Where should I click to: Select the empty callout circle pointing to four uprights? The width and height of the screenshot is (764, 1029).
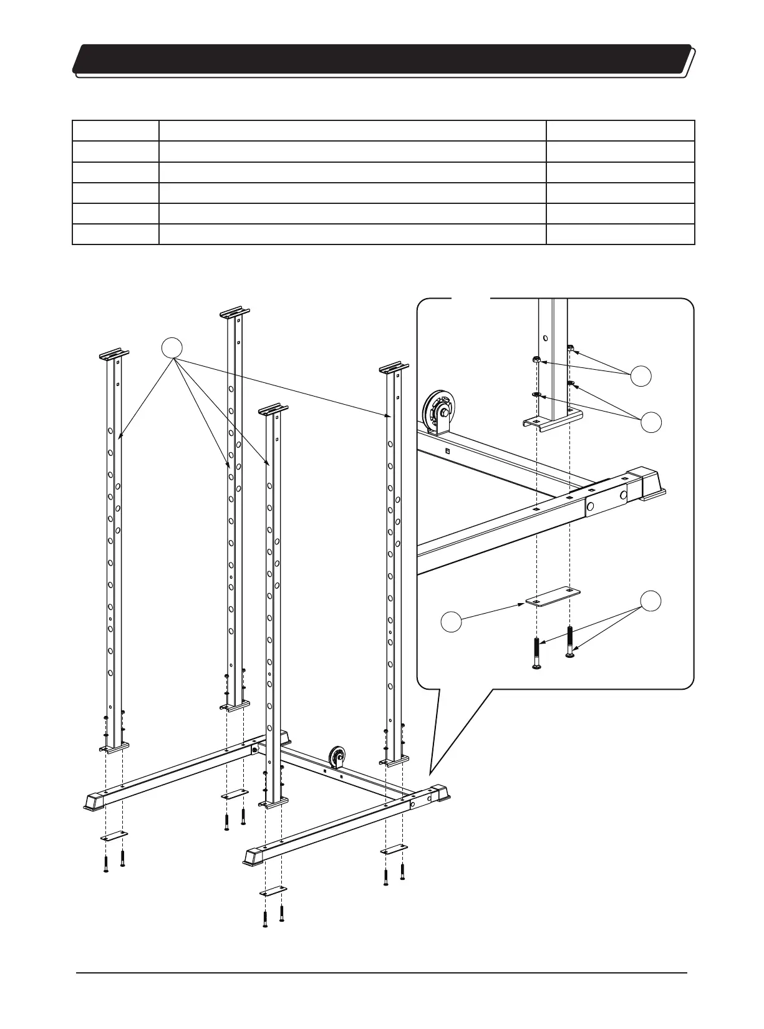pos(173,347)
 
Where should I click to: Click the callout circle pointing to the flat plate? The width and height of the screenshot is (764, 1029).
pos(451,622)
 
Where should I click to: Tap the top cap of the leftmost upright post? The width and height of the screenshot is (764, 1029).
pos(114,355)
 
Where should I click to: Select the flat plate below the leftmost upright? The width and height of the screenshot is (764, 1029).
pos(114,835)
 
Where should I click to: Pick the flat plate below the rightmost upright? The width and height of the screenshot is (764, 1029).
pos(394,851)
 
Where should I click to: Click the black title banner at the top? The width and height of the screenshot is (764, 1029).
pos(382,59)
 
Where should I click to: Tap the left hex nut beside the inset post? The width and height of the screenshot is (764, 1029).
pos(536,360)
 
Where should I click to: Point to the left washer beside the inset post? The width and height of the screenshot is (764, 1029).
pos(536,394)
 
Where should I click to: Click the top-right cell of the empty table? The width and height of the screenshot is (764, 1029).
pos(620,131)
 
